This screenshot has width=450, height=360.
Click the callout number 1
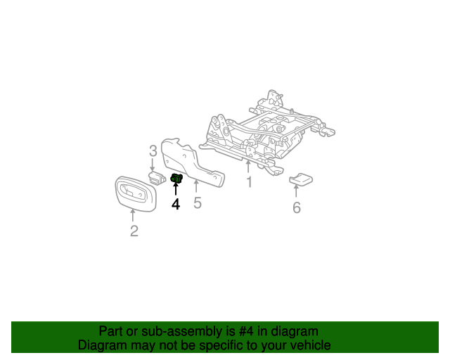(x=248, y=183)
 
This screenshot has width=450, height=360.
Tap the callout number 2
(x=134, y=231)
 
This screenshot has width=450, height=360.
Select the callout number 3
(x=153, y=150)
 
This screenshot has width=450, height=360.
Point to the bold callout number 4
(x=176, y=204)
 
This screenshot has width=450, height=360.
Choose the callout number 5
(x=198, y=203)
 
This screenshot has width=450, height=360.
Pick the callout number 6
(x=296, y=207)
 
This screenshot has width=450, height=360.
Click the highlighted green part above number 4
(x=176, y=179)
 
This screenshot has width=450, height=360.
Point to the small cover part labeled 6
(x=302, y=179)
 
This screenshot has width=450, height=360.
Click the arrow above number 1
(x=248, y=166)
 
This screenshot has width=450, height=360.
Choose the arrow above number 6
(x=296, y=191)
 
